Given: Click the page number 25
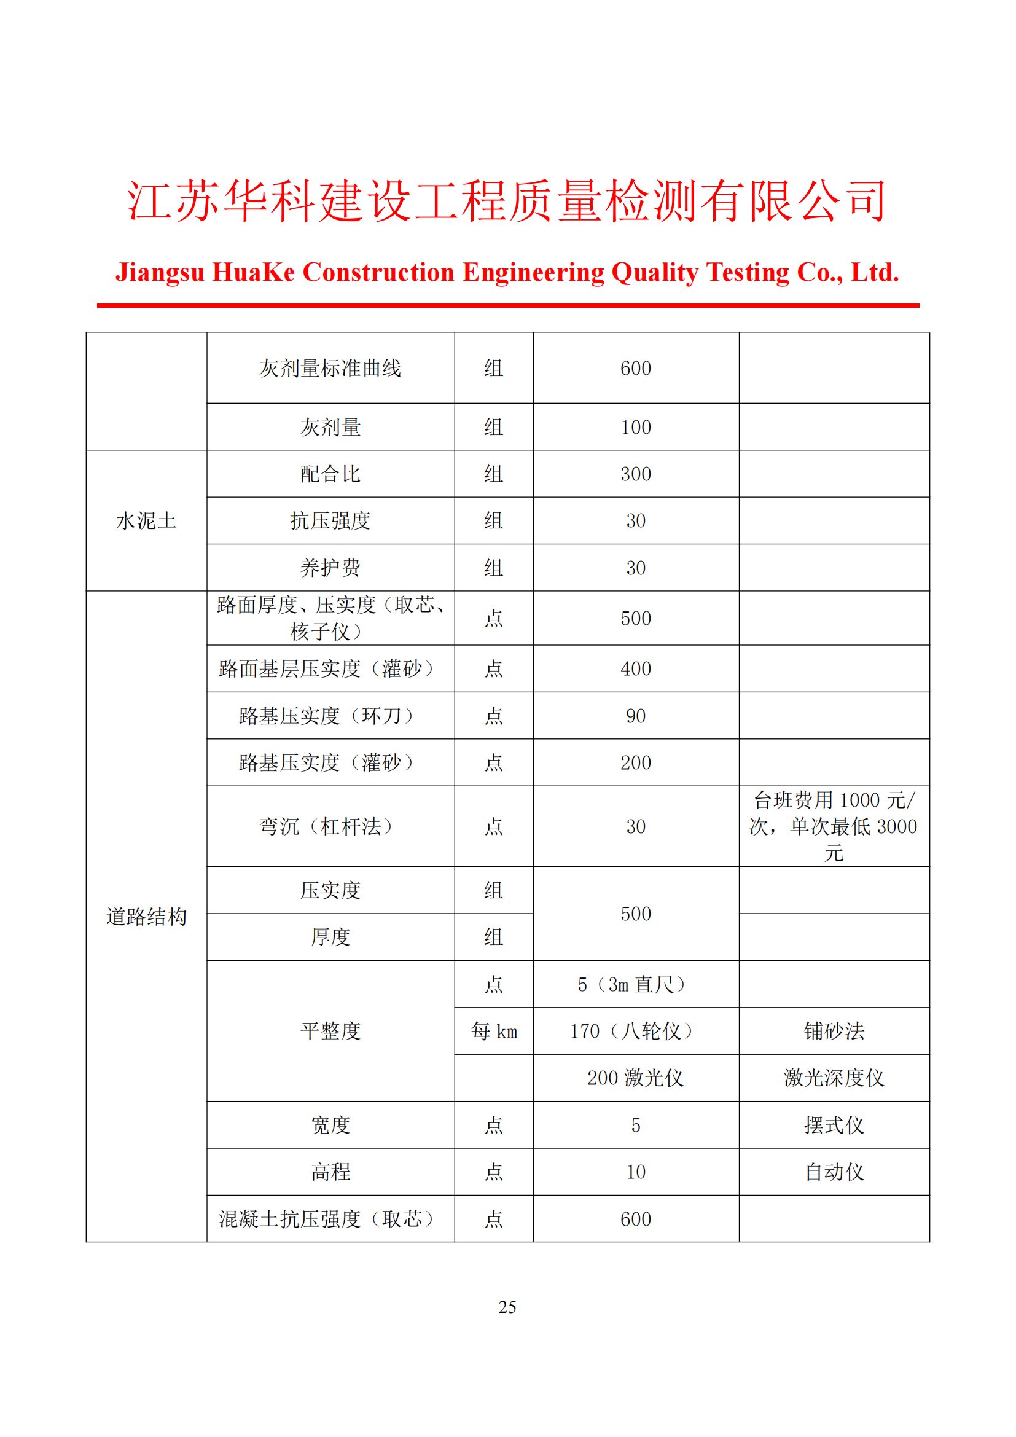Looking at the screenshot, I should [507, 1307].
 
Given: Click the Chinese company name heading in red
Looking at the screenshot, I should [507, 202].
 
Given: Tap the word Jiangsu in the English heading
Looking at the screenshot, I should [160, 273].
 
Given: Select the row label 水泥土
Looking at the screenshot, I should [146, 521].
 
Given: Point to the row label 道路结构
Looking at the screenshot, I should [146, 917].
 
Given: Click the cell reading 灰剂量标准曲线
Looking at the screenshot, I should [330, 369].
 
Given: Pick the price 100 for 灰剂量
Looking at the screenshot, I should [636, 428].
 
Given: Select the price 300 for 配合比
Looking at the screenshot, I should [636, 474].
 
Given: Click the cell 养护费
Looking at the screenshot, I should [330, 568].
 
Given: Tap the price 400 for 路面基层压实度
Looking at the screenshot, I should [636, 669].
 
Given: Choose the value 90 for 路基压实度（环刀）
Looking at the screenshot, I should [636, 716].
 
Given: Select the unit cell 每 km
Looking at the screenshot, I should [494, 1032].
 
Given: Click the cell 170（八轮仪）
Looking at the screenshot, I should [636, 1032].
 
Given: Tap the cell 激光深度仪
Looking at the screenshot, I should [834, 1078].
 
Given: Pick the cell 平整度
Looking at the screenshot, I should [330, 1032].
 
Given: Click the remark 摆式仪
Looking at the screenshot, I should [834, 1126].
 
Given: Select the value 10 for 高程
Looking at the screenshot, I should [636, 1172].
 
